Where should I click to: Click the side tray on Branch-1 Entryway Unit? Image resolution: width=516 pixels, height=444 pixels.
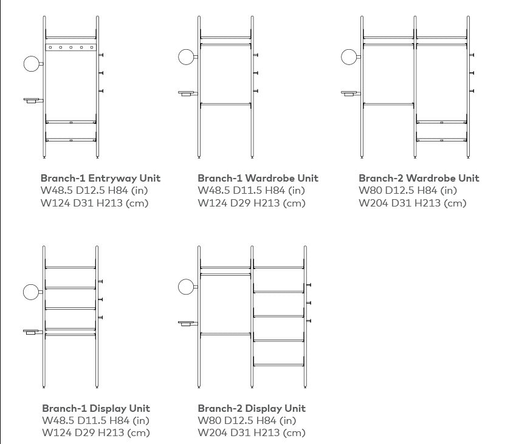(33, 100)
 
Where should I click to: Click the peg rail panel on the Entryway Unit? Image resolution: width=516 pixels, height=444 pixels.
(71, 47)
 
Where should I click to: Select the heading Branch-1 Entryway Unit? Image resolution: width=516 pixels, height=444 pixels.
(100, 178)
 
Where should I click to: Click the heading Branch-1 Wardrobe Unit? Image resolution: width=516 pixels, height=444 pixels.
(258, 178)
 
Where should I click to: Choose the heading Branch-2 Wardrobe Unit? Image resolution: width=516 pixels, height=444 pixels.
(419, 178)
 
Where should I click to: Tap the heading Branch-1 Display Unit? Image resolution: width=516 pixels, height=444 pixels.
(96, 409)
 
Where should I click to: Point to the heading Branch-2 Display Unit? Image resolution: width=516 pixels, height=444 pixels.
(252, 409)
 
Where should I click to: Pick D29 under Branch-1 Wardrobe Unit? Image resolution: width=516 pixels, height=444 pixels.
(240, 203)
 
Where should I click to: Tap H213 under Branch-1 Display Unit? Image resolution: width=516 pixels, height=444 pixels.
(111, 432)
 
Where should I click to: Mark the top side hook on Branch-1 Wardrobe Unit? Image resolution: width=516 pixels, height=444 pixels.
(256, 55)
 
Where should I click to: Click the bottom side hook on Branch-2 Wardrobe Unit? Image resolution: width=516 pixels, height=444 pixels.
(472, 91)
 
